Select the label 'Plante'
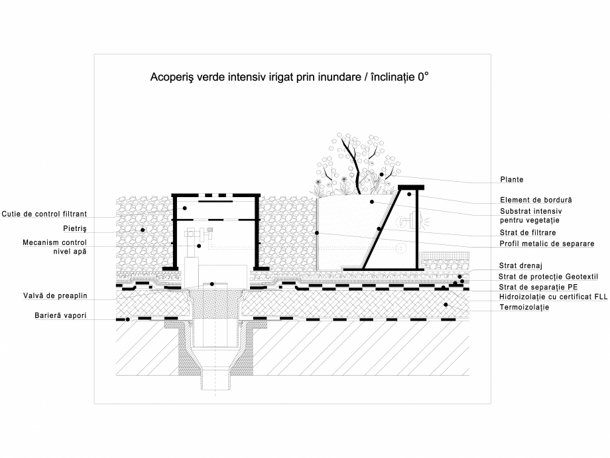(x=512, y=179)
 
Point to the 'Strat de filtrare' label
(x=527, y=233)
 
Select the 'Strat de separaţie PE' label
(x=538, y=287)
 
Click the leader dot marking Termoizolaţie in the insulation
(x=446, y=305)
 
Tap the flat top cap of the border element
(x=410, y=187)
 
